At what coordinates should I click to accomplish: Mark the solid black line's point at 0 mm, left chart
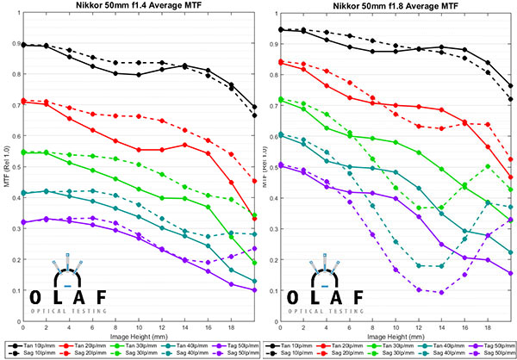click(22, 45)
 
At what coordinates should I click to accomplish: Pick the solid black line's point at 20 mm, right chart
click(511, 85)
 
